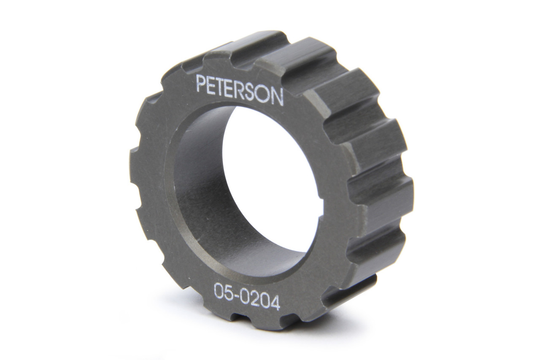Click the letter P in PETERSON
pos(201,84)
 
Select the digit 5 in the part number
pos(229,292)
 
